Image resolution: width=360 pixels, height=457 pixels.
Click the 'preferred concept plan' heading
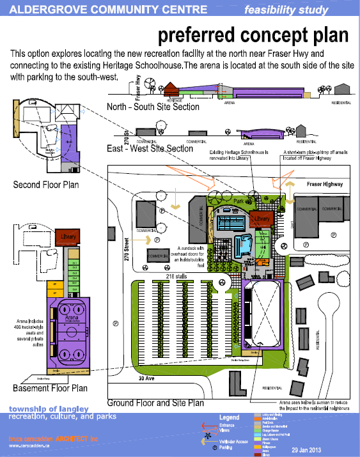[253, 34]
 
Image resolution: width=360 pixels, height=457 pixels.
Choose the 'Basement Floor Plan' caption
[49, 388]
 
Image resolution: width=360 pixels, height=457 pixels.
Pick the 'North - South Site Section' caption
[153, 107]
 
